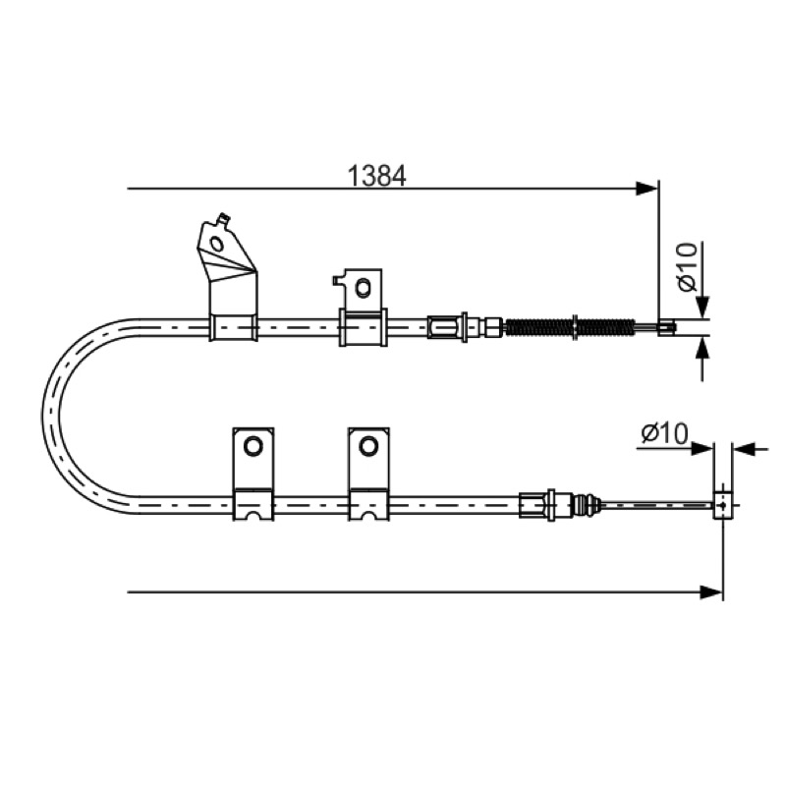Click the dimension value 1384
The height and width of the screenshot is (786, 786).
[x=376, y=176]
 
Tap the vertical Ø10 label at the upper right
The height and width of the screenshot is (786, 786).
[x=688, y=266]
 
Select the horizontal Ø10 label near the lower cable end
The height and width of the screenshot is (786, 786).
[x=665, y=433]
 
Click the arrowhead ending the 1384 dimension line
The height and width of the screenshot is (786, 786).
[x=646, y=189]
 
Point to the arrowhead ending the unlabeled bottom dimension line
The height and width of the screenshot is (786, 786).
[x=711, y=592]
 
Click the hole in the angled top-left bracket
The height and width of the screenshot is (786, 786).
[x=217, y=244]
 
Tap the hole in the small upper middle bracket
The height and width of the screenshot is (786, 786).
[x=362, y=287]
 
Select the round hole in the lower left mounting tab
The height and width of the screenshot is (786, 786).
[x=253, y=446]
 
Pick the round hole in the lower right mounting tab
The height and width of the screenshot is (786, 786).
[x=368, y=446]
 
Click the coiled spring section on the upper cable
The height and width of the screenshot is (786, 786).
[x=570, y=327]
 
